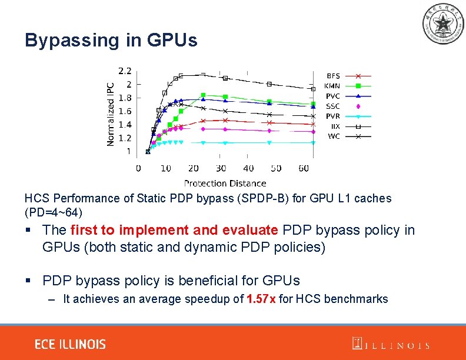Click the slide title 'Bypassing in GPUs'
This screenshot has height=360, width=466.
111,40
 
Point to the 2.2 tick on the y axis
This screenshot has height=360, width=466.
125,71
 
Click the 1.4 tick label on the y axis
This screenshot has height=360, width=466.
125,125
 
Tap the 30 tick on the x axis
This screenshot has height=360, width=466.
221,169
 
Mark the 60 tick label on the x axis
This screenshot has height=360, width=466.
304,169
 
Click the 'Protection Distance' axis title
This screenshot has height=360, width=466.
225,183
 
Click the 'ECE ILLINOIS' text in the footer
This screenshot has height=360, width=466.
70,344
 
